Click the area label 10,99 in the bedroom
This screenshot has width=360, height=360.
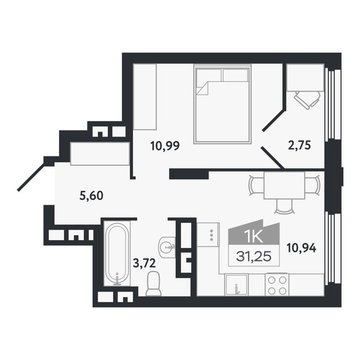[165, 146]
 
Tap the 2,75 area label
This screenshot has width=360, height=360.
[299, 146]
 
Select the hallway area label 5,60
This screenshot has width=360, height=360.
[92, 195]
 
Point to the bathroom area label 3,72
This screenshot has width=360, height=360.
[145, 263]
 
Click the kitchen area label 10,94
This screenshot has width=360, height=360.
[301, 248]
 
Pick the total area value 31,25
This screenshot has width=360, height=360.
[254, 257]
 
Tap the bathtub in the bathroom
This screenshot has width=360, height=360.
[117, 254]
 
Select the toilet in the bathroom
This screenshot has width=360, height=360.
[154, 283]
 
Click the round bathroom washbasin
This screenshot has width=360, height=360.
[167, 247]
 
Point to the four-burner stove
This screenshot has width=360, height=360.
[277, 284]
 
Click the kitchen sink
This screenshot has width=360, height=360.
[237, 285]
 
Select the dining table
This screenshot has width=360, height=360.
[284, 185]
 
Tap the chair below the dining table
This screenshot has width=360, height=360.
[285, 206]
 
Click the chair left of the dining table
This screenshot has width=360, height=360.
[257, 185]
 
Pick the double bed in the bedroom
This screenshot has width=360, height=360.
[222, 104]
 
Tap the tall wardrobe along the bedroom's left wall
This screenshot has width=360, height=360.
[145, 97]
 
